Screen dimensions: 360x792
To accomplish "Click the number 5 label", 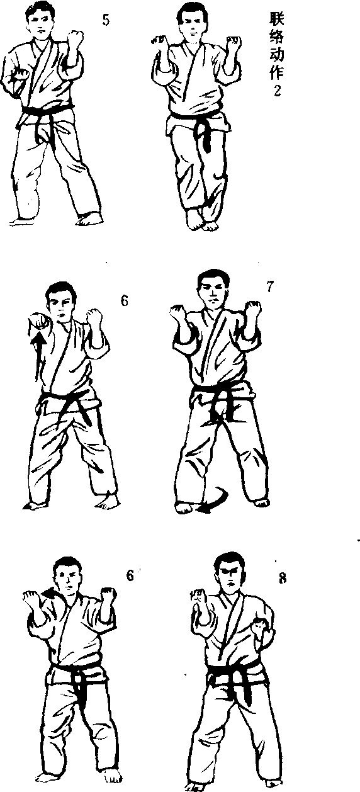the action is pos(106,20).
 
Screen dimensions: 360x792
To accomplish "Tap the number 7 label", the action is pos(270,286).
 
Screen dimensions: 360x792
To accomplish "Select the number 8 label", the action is pos(283,579).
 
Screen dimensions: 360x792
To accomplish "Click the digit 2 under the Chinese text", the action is pos(278,91).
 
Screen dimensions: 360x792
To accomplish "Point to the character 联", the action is pos(277,18).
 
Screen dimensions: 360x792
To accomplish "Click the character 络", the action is pos(277,36).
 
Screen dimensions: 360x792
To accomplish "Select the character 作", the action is pos(277,72).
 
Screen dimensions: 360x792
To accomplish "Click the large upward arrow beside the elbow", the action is pos(40,356).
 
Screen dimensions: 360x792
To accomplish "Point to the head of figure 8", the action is pos(230,573).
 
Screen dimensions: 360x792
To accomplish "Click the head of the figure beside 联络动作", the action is pos(193,22).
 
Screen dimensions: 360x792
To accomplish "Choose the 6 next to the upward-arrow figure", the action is pos(125,300).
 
